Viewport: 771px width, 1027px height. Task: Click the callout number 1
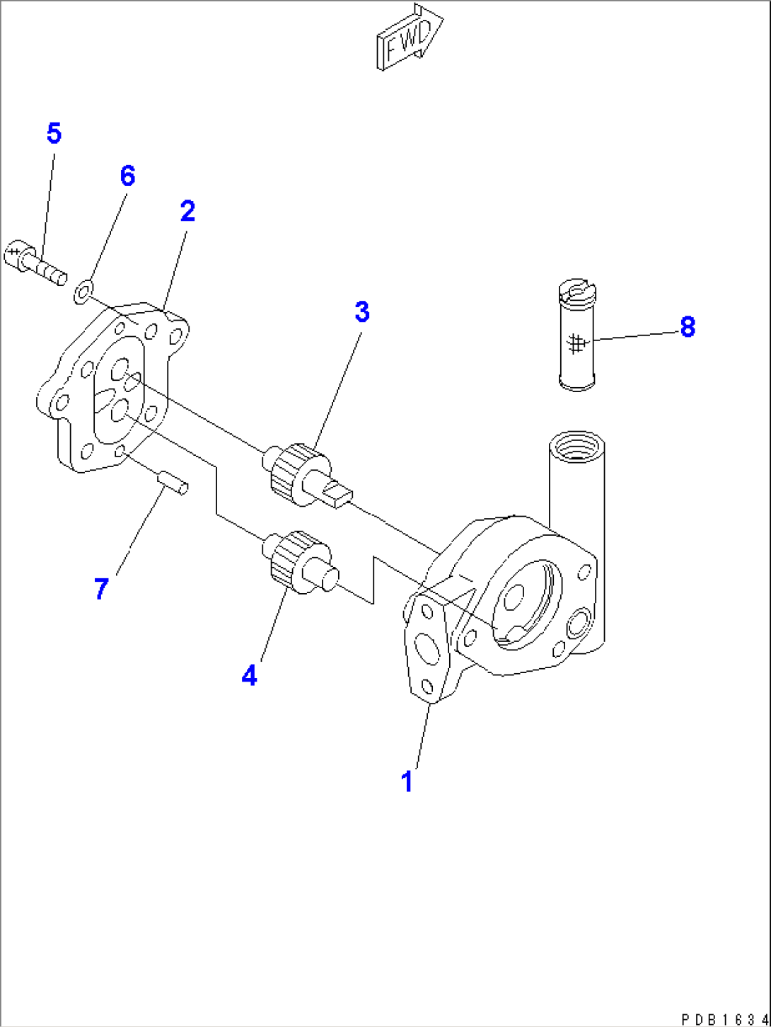pyautogui.click(x=407, y=781)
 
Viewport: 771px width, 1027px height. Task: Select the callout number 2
pyautogui.click(x=187, y=211)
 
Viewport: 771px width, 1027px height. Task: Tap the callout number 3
pyautogui.click(x=362, y=311)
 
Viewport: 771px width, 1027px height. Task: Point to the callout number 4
pyautogui.click(x=249, y=675)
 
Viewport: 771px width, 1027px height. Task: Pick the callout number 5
pyautogui.click(x=54, y=133)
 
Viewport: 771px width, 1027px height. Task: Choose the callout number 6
pyautogui.click(x=127, y=176)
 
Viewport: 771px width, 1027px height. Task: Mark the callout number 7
pyautogui.click(x=101, y=588)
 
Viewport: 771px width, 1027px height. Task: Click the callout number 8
pyautogui.click(x=688, y=327)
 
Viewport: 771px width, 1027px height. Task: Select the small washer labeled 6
pyautogui.click(x=83, y=290)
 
